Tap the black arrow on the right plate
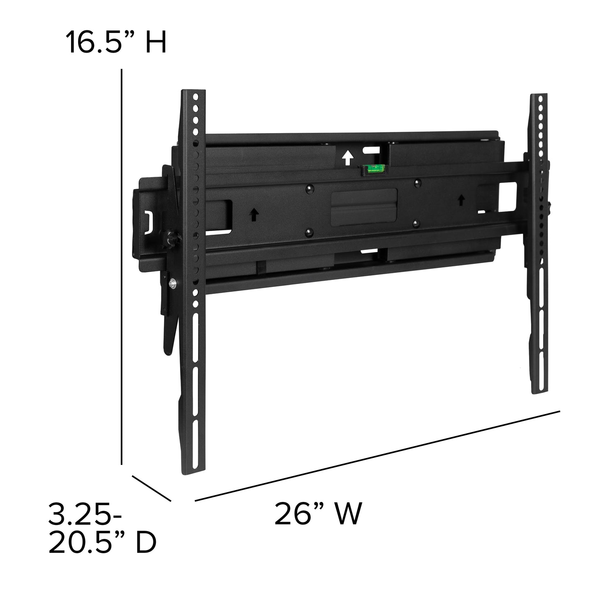click(461, 200)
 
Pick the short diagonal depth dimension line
click(151, 488)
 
